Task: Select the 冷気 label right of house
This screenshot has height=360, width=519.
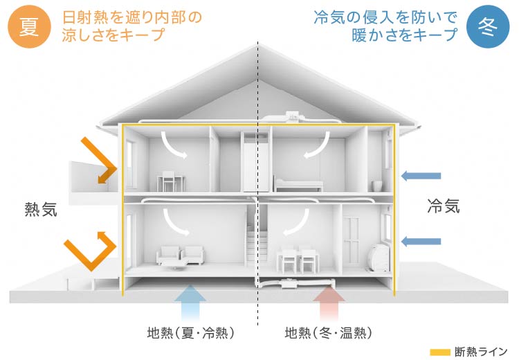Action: click(x=444, y=206)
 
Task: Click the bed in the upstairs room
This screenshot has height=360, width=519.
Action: click(x=299, y=184)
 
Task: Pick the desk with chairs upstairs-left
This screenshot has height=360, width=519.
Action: click(x=170, y=181)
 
